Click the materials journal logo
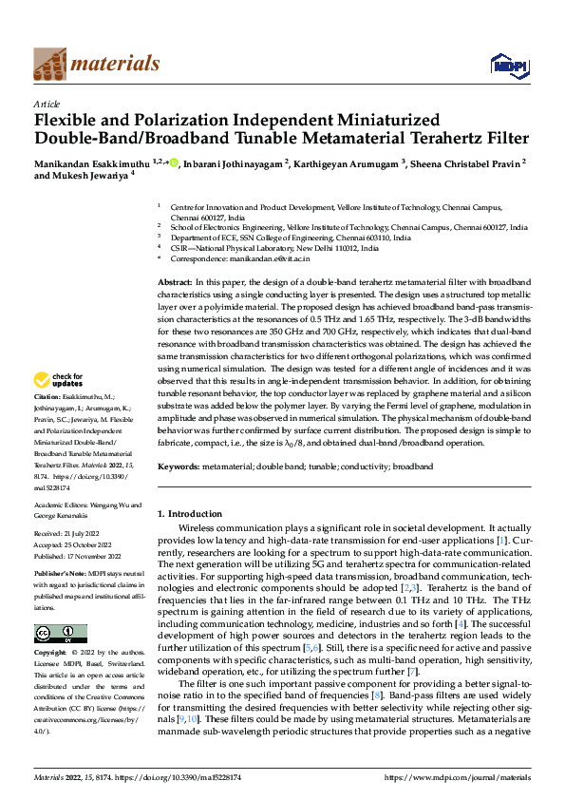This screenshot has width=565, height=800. pyautogui.click(x=96, y=64)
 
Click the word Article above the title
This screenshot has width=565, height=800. pyautogui.click(x=47, y=104)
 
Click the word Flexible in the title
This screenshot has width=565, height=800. pyautogui.click(x=67, y=121)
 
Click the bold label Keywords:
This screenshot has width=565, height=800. pyautogui.click(x=179, y=467)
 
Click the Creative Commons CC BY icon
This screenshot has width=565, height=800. pyautogui.click(x=60, y=634)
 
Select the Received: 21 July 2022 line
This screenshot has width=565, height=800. pyautogui.click(x=71, y=536)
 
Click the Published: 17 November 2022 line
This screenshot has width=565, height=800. pyautogui.click(x=80, y=556)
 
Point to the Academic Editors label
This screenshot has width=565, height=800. pyautogui.click(x=58, y=505)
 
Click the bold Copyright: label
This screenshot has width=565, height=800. pyautogui.click(x=50, y=654)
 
